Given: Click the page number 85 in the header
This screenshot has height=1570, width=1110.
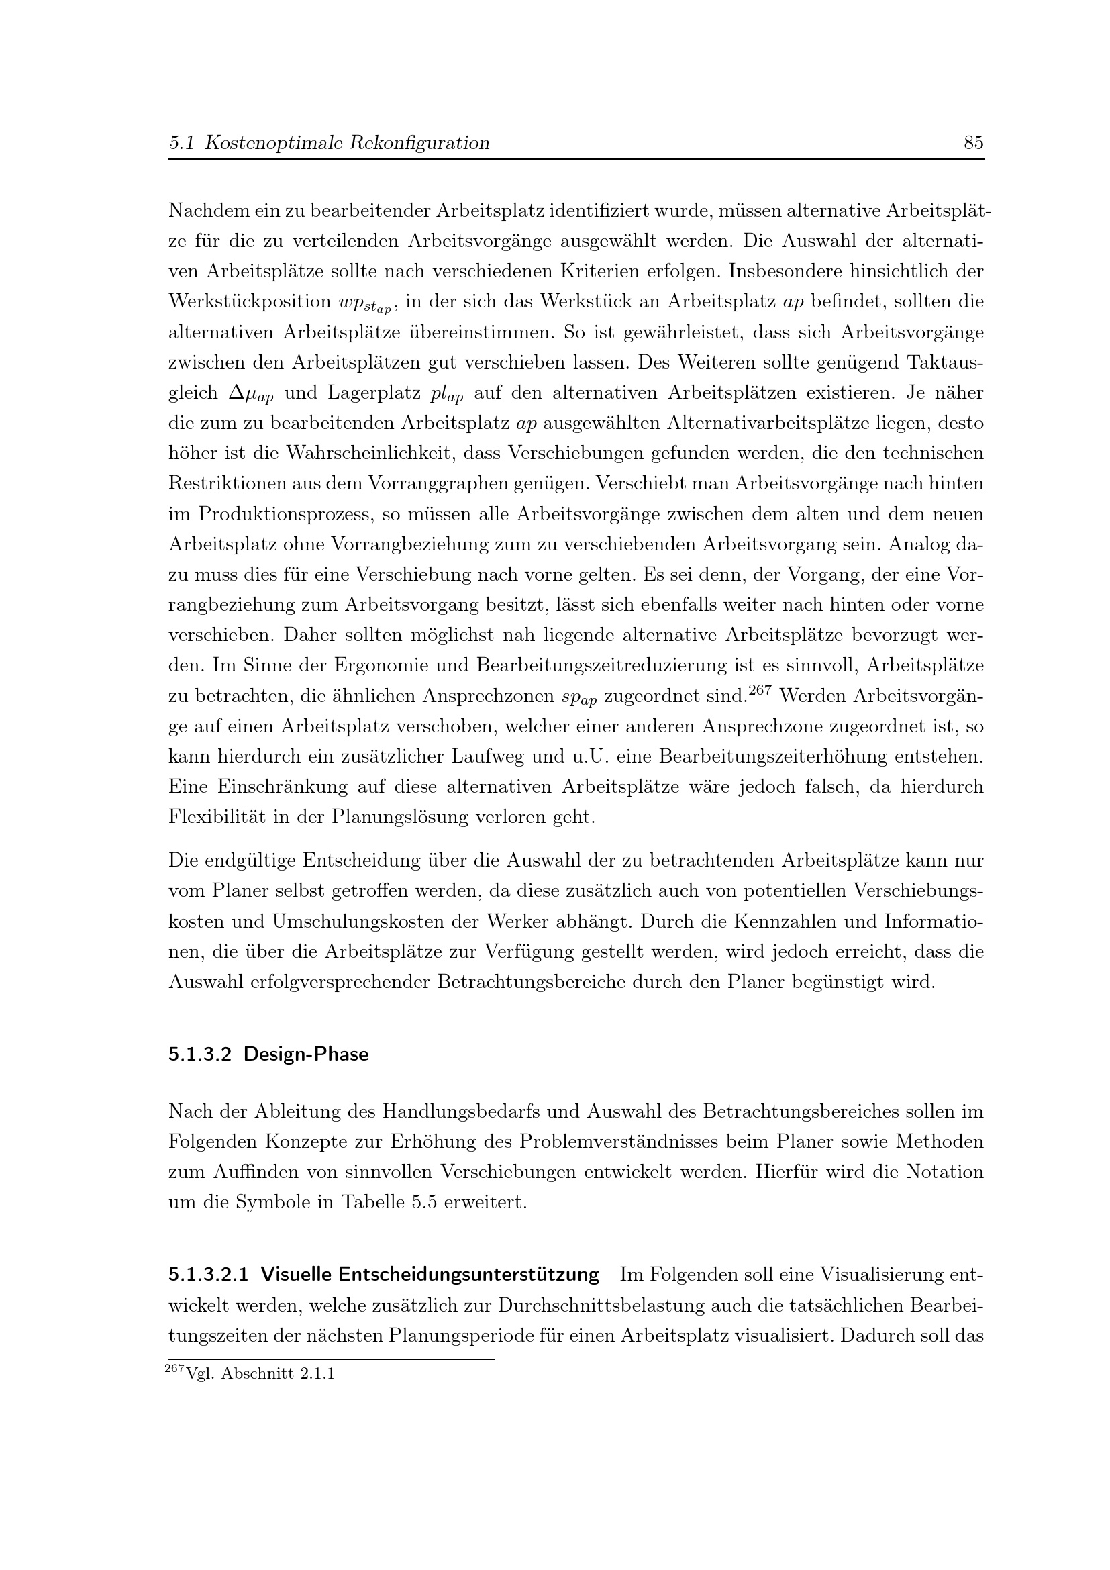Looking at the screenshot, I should click(973, 143).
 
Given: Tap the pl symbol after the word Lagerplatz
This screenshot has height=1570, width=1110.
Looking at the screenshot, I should click(447, 395).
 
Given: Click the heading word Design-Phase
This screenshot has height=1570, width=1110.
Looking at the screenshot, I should click(305, 1054).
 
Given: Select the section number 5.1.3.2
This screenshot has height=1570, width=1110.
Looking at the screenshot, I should click(201, 1054).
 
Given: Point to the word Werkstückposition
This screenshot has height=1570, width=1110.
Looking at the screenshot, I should click(250, 301).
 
